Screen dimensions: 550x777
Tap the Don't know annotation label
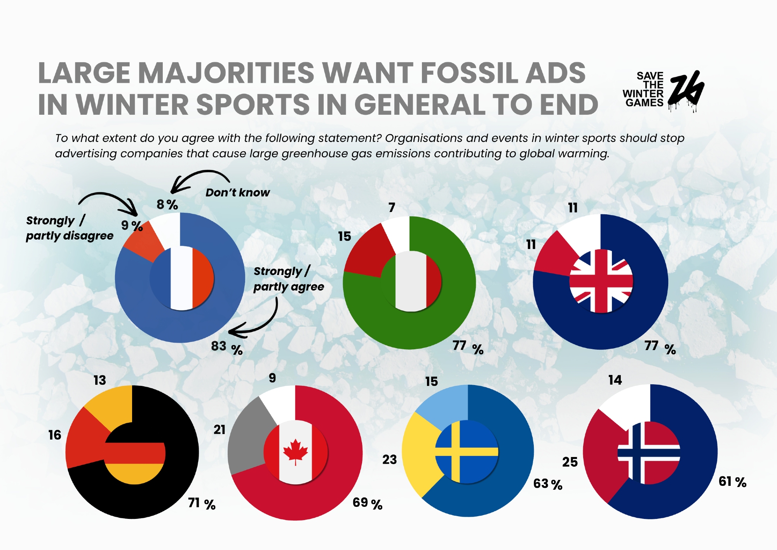click(x=237, y=193)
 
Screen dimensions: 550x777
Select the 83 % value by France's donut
click(x=226, y=347)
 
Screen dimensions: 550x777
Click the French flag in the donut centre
click(x=182, y=278)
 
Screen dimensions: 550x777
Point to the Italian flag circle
click(x=411, y=281)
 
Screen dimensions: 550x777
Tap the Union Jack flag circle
click(x=601, y=281)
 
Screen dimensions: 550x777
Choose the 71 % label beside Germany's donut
click(x=202, y=504)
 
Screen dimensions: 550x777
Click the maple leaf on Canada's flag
click(x=295, y=451)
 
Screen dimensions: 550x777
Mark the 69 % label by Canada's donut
click(x=367, y=503)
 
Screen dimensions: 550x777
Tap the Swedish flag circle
click(x=467, y=452)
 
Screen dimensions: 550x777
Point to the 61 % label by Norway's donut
click(x=732, y=482)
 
